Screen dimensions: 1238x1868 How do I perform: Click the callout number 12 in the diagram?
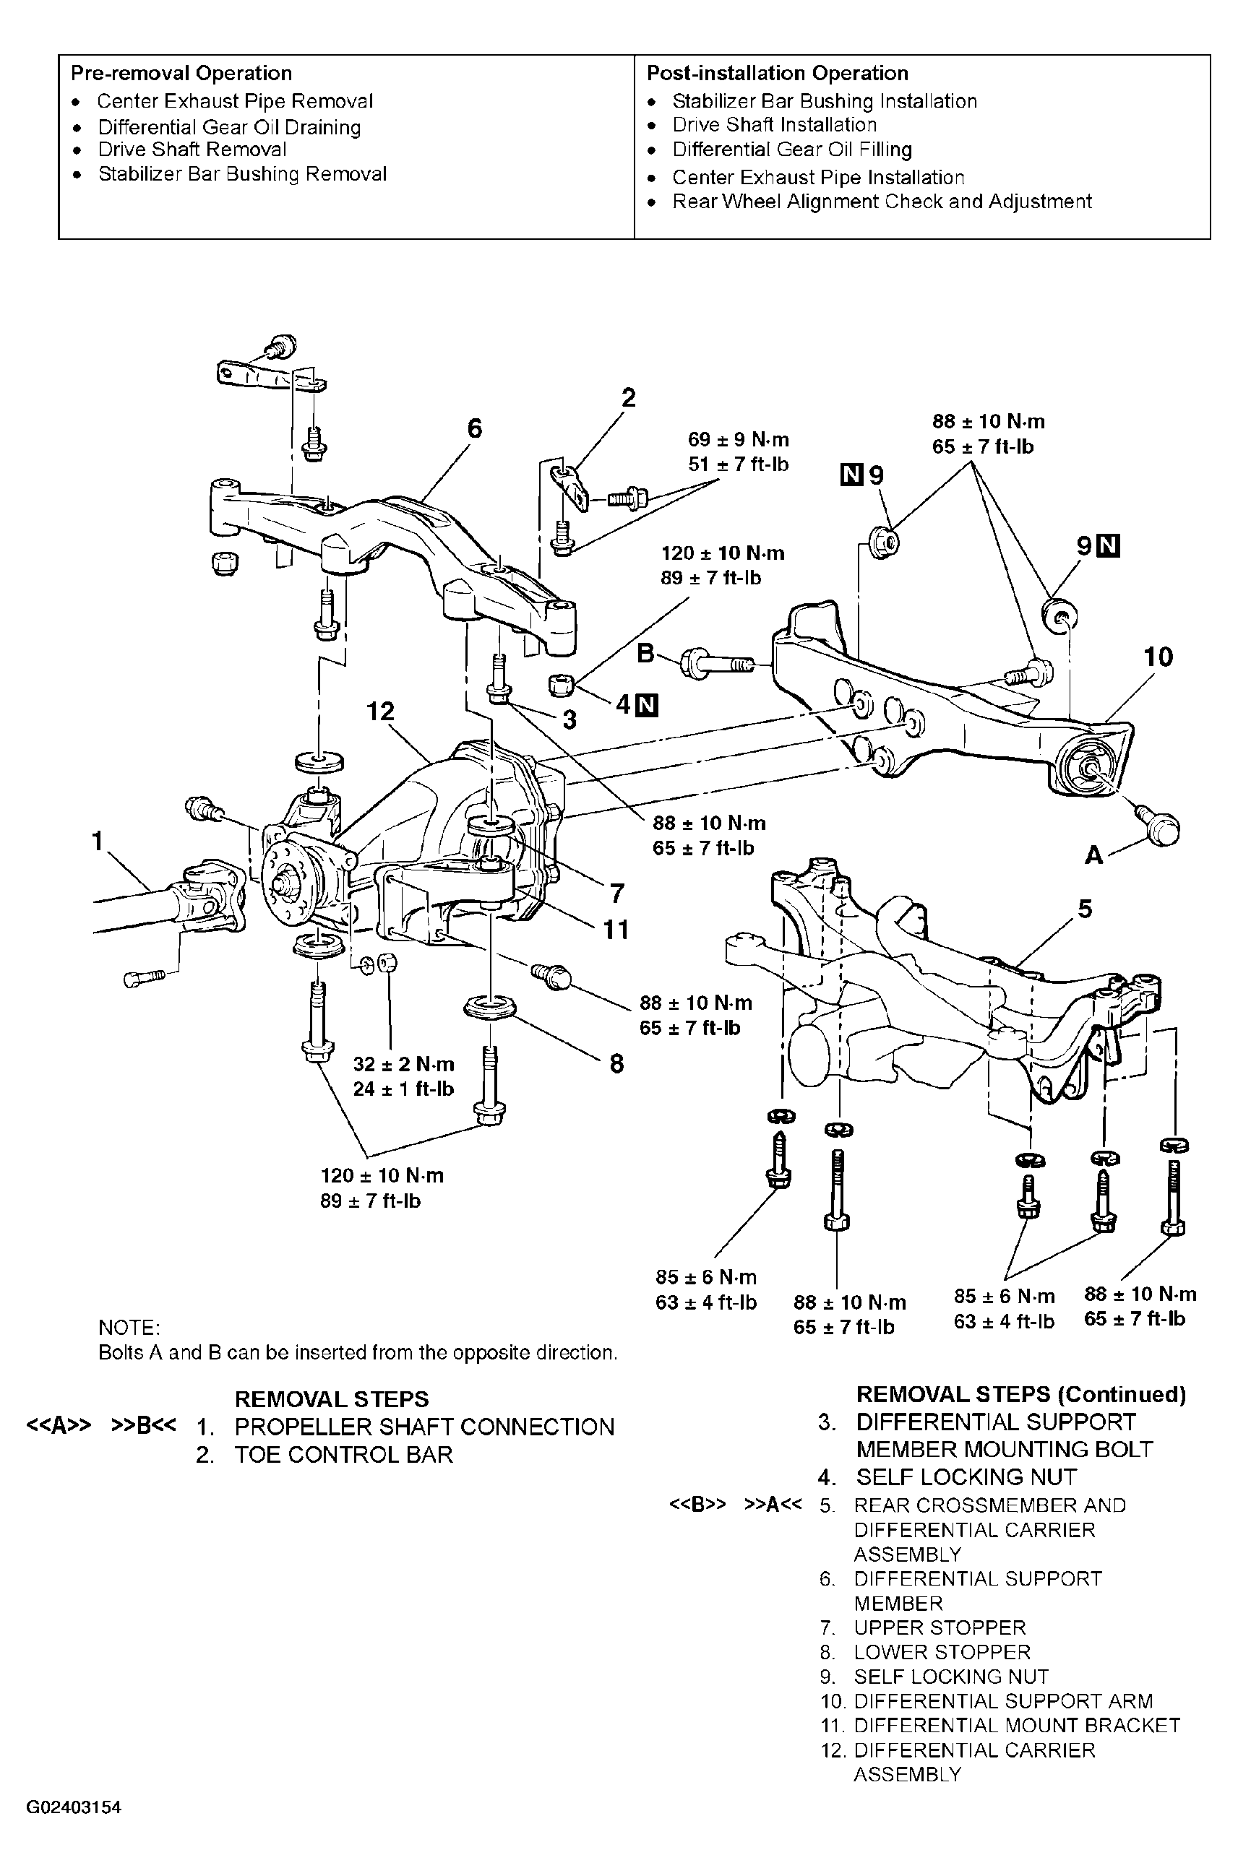pyautogui.click(x=381, y=712)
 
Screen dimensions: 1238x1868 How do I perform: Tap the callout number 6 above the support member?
pyautogui.click(x=475, y=428)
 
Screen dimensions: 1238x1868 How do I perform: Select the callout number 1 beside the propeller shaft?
pyautogui.click(x=98, y=842)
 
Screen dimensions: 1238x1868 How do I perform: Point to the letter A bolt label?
pyautogui.click(x=1093, y=855)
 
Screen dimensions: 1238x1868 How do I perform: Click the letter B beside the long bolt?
pyautogui.click(x=646, y=654)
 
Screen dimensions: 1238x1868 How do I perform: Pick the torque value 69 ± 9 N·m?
pyautogui.click(x=738, y=440)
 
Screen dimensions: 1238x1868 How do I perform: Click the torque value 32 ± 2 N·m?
pyautogui.click(x=403, y=1064)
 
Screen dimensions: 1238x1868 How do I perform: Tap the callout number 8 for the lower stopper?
pyautogui.click(x=616, y=1064)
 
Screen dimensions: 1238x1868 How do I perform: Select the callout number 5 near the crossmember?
pyautogui.click(x=1086, y=909)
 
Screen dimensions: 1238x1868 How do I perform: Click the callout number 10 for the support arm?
pyautogui.click(x=1159, y=657)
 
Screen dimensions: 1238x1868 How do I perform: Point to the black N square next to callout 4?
pyautogui.click(x=648, y=705)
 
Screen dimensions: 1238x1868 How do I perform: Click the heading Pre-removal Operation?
pyautogui.click(x=181, y=74)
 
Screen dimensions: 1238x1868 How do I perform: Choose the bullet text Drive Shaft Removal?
pyautogui.click(x=192, y=150)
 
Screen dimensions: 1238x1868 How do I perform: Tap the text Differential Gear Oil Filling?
pyautogui.click(x=792, y=150)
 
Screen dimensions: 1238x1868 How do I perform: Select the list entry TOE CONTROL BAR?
pyautogui.click(x=343, y=1455)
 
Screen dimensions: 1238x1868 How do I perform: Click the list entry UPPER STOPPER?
pyautogui.click(x=940, y=1627)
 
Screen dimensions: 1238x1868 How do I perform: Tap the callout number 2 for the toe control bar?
pyautogui.click(x=629, y=398)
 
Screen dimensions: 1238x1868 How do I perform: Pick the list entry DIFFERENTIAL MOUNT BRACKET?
pyautogui.click(x=1017, y=1725)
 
